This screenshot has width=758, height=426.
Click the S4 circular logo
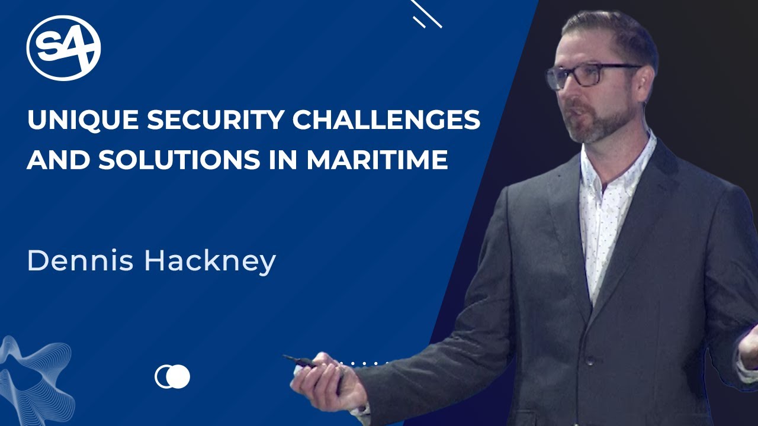[63, 48]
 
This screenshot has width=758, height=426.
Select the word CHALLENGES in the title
[387, 121]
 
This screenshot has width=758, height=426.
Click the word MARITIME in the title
[377, 160]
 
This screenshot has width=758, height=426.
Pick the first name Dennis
[80, 261]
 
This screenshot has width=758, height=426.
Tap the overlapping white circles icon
[172, 376]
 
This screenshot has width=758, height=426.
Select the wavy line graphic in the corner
[36, 379]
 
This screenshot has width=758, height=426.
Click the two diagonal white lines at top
[426, 14]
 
